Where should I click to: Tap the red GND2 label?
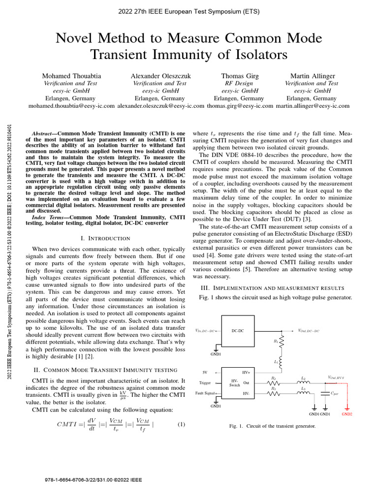point(347,414)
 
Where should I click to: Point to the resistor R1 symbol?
point(282,343)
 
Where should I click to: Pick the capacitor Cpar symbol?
point(325,393)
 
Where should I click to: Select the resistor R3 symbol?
point(274,393)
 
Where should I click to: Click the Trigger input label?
point(205,382)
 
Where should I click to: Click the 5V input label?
point(205,372)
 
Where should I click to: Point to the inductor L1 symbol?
point(282,362)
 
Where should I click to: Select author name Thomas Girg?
point(240,76)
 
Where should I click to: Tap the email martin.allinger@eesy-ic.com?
point(313,105)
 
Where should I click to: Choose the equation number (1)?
point(181,424)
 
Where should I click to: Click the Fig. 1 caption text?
point(272,426)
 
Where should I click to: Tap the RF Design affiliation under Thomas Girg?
point(240,84)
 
